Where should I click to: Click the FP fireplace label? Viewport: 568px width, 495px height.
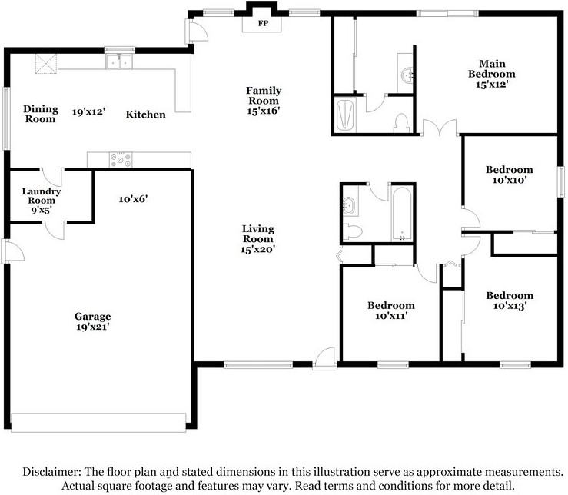(x=263, y=23)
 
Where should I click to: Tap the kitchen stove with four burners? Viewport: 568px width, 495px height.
(x=121, y=160)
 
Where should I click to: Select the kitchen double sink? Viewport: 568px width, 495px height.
(x=119, y=61)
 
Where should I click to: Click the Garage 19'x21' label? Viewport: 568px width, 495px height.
(x=93, y=321)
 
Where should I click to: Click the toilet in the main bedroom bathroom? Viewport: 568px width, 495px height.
(x=401, y=123)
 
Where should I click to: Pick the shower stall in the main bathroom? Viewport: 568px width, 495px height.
(x=345, y=115)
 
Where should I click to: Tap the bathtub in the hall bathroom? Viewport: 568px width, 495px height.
(x=402, y=214)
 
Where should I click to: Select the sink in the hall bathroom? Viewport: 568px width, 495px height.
(x=350, y=205)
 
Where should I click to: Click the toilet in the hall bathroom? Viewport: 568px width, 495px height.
(x=352, y=231)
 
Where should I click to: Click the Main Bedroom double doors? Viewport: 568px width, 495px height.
(x=440, y=128)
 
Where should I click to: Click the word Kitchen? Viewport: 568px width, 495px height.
(x=145, y=115)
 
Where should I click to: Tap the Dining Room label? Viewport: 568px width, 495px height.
(x=41, y=114)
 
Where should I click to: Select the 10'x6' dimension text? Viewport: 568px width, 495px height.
(x=133, y=198)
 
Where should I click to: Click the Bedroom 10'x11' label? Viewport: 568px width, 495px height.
(x=391, y=311)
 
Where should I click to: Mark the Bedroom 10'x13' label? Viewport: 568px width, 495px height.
(x=510, y=301)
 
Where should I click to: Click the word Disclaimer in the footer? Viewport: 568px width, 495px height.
(x=51, y=472)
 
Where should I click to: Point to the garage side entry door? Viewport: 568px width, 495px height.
(x=13, y=251)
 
